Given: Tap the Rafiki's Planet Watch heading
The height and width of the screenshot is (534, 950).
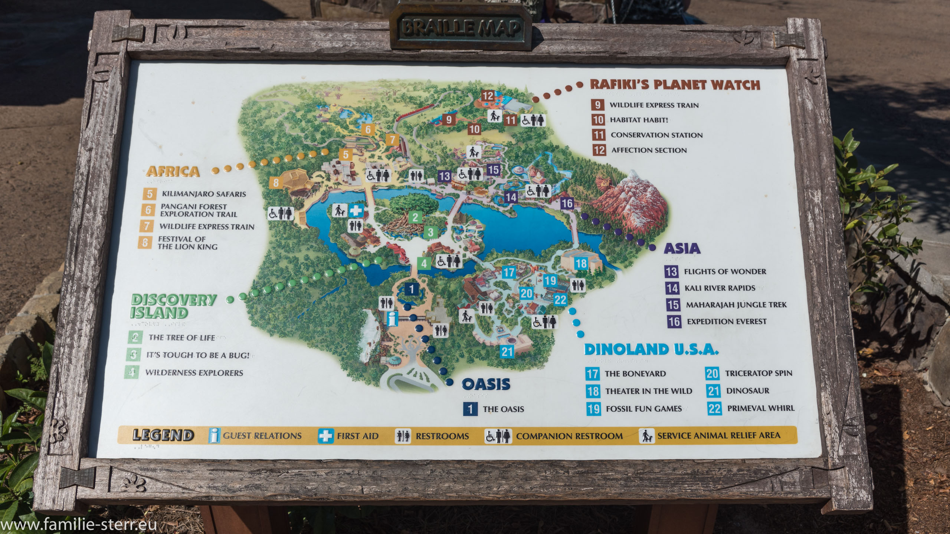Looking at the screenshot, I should pos(675,84).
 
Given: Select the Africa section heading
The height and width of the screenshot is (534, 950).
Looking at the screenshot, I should pos(173,171).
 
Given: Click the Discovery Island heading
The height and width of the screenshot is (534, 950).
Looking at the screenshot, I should pos(174,306).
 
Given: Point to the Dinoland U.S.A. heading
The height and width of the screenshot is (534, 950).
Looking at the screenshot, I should pos(651,349).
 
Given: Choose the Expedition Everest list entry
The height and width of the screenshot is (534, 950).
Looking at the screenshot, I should pos(726,322).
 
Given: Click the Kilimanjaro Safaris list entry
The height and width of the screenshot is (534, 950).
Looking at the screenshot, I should pos(203,194).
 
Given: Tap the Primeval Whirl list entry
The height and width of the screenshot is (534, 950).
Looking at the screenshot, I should pos(760,408).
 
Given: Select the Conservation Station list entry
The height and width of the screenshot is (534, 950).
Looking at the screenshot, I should pos(656,135).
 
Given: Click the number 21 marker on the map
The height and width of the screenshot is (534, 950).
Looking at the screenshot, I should pos(507,351).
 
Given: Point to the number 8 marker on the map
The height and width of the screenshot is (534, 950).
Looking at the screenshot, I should pos(276,182).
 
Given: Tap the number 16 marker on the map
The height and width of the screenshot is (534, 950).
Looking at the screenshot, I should pos(567,203).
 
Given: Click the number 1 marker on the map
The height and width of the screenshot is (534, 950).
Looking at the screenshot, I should pos(411,289).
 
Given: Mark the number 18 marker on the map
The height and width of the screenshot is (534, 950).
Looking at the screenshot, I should pos(581,264).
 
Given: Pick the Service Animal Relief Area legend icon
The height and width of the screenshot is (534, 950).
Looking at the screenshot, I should pos(646,436).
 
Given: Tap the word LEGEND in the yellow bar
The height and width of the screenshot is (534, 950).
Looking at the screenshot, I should pos(163,435).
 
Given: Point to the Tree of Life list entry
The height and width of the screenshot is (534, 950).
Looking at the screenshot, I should pos(181,338).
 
